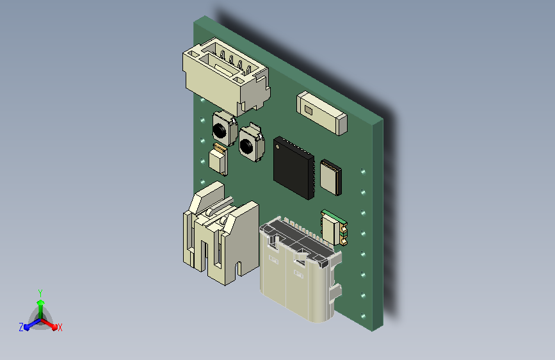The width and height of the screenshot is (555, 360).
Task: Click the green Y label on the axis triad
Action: [x=40, y=293]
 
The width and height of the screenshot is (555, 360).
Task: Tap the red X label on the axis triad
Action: [x=60, y=327]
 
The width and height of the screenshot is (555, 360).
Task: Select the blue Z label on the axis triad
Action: [x=21, y=327]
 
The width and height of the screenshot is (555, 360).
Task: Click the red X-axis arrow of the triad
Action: [x=49, y=324]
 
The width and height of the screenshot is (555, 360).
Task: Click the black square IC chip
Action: [x=294, y=168]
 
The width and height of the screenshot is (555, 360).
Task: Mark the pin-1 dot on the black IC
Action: [x=278, y=146]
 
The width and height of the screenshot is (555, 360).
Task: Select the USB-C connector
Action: [x=301, y=269]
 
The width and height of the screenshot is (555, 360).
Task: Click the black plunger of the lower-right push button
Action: [x=246, y=145]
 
